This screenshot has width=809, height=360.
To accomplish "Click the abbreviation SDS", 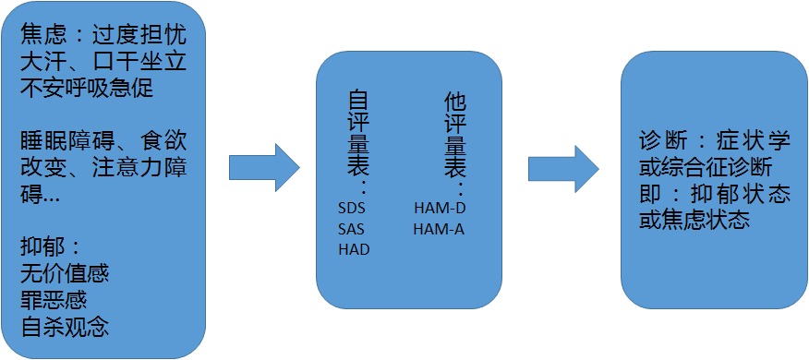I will click(352, 207).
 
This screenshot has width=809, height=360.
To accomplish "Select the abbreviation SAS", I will click(352, 228).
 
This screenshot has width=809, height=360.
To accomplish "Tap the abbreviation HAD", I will click(353, 249).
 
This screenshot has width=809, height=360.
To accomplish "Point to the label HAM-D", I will click(439, 207).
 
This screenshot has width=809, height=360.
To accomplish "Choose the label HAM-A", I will click(439, 228).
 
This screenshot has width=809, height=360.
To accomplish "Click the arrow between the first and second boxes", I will click(264, 167).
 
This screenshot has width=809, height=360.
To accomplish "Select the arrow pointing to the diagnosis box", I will click(563, 168).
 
